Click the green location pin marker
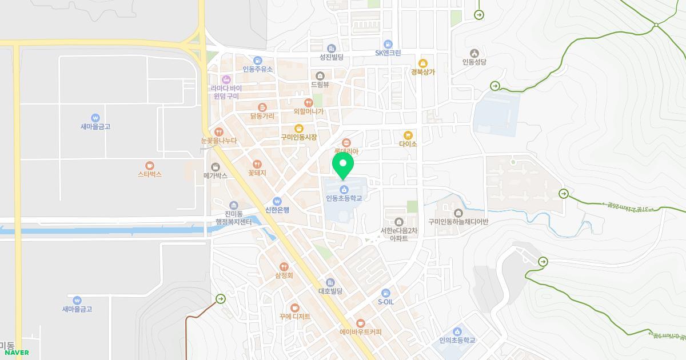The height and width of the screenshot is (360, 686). pos(343,165)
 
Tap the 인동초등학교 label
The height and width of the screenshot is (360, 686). pos(344,199)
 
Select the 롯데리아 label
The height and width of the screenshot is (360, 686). pos(345,152)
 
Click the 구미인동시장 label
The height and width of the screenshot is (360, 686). pos(298,138)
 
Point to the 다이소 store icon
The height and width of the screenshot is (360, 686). pos(408,135)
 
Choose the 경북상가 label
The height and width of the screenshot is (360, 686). pos(422,72)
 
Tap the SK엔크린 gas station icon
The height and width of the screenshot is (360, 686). pos(388,44)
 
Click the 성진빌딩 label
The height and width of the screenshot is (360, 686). pos(331,57)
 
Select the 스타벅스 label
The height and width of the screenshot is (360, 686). pos(150,174)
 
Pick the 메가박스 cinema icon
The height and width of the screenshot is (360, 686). pos(216,166)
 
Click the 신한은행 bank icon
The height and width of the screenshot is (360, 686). pos(277,201)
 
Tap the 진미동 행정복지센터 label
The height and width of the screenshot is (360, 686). pos(233,218)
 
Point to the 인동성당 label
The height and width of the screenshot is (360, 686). pos(474,62)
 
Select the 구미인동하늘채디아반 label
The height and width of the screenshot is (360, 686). pos(458,222)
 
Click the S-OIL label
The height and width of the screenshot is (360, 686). pos(386,302)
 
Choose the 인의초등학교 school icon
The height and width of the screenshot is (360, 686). pos(457,331)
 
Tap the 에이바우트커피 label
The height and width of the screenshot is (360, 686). pos(360,332)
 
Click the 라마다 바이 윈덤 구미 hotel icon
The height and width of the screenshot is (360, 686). pos(226,79)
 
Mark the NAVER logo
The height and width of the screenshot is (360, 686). pos(17,353)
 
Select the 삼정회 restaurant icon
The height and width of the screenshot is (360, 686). pos(284,266)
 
